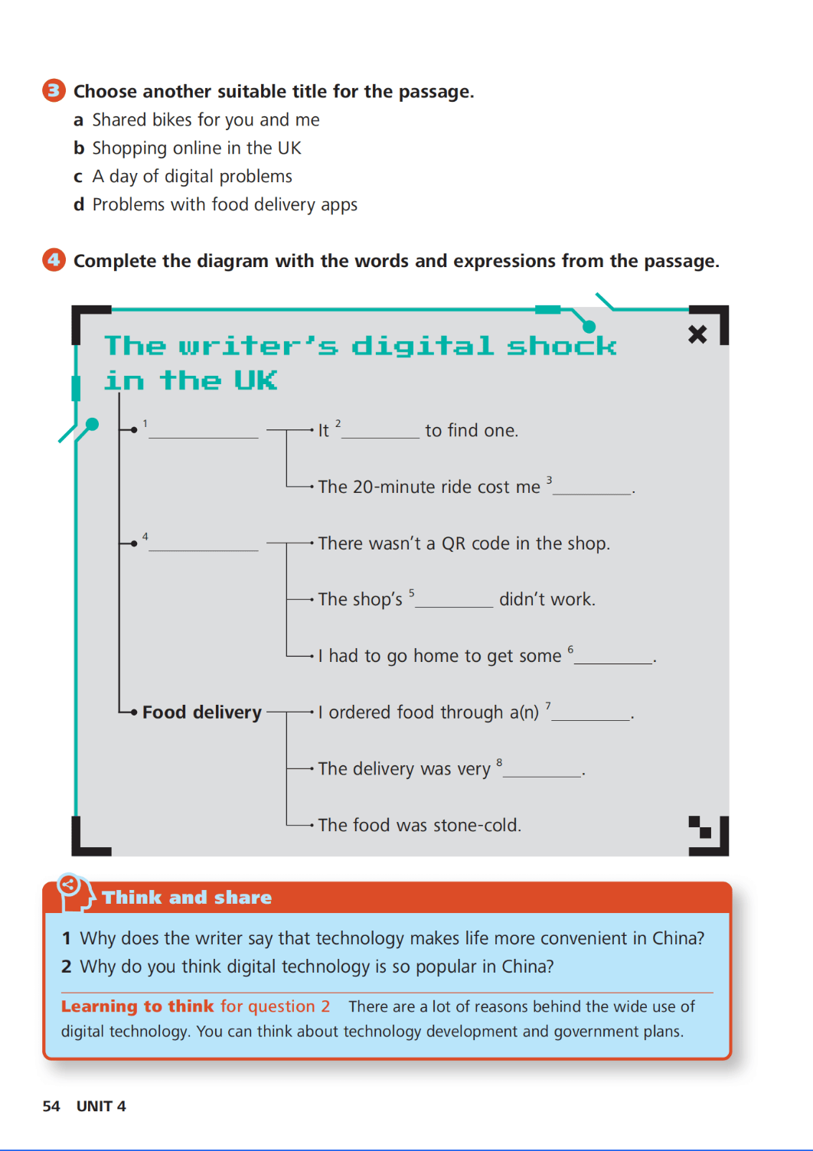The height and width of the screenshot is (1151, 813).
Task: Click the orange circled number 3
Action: [x=54, y=90]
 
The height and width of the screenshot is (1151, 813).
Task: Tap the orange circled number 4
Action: [x=54, y=260]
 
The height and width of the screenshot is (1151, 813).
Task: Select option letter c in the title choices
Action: [x=78, y=177]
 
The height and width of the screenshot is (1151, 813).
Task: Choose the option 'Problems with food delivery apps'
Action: [x=224, y=204]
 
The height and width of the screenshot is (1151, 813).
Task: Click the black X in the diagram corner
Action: [x=697, y=334]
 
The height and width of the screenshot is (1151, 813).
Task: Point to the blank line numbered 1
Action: [x=204, y=437]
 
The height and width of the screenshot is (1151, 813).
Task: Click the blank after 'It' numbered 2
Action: [x=380, y=437]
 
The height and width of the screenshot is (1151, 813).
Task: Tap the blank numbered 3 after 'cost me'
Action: [x=592, y=494]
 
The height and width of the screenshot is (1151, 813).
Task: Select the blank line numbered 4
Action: [x=204, y=549]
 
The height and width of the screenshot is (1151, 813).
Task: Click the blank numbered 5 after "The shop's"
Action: [x=454, y=606]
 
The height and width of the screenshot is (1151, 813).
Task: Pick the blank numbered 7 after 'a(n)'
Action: [x=591, y=719]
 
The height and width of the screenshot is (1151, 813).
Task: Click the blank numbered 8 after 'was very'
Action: [x=543, y=776]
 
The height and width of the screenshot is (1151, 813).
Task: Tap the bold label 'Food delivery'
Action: [x=202, y=712]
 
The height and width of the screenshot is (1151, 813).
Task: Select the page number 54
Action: [x=51, y=1106]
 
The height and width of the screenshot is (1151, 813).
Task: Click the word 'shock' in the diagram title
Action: [x=562, y=345]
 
